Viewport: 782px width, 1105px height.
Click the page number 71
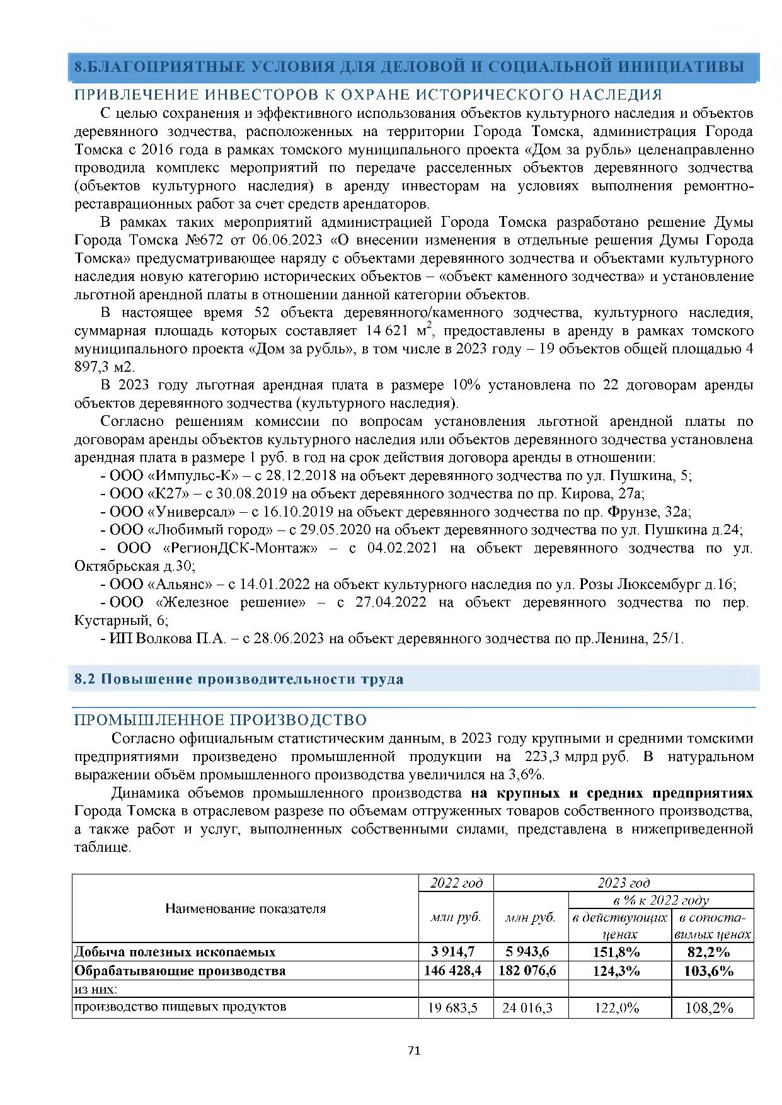click(414, 1050)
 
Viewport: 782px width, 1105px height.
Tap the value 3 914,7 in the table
click(453, 951)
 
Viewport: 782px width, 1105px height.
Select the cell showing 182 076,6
click(527, 970)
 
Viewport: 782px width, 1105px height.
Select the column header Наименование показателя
click(246, 908)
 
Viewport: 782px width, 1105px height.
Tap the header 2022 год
click(456, 883)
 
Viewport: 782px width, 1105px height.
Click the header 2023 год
click(624, 883)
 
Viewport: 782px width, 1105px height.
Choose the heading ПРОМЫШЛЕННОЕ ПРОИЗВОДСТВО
click(221, 720)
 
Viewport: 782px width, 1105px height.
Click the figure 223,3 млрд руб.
click(576, 757)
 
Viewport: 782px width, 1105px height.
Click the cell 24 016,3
click(527, 1008)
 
